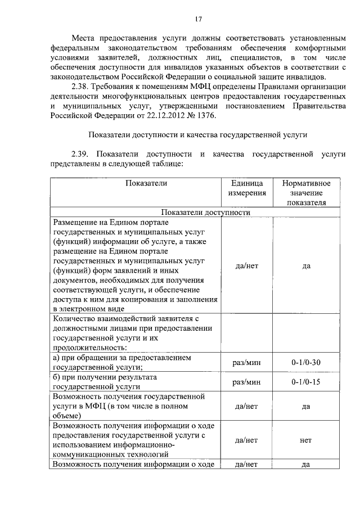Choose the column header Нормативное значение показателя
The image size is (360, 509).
306,193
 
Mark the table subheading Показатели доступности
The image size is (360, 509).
205,213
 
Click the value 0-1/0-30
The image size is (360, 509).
306,362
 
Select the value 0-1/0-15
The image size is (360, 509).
306,382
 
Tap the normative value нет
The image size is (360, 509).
306,441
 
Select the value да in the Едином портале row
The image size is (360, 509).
306,266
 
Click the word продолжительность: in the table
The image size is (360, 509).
89,347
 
